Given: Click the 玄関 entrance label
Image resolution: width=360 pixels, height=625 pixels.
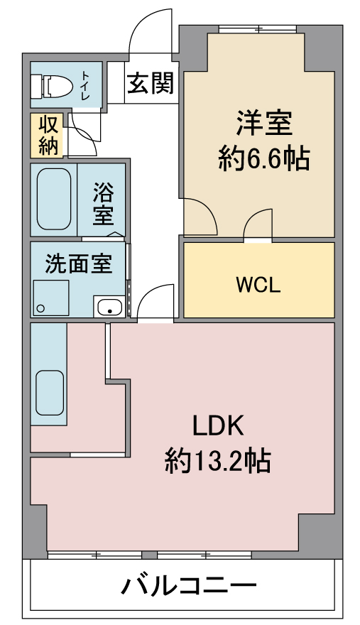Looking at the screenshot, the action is coord(151,83).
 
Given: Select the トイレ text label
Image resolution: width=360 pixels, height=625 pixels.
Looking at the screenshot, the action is coord(86,85).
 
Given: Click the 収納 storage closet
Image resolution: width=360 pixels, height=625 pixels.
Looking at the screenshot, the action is coord(47,136).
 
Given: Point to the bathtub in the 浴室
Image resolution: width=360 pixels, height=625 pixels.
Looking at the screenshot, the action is coord(54,199).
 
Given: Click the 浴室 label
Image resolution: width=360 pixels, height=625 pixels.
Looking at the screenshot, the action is coord(103,204).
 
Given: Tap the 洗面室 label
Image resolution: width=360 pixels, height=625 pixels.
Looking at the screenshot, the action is coord(79,263).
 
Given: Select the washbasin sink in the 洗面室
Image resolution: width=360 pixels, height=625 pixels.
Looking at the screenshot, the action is coord(109,307).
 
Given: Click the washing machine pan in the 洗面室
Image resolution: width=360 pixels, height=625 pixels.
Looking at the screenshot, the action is coord(51,298).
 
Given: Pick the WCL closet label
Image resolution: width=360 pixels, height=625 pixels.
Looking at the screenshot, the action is coord(258,285).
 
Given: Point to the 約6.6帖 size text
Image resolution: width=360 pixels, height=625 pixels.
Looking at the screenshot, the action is coord(264,158).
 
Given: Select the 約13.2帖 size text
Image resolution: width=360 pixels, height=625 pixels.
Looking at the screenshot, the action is coord(218,461).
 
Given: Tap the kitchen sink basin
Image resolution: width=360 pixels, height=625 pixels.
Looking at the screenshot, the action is coord(50,393).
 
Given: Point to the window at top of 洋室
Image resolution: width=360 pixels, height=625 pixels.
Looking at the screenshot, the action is coord(258,28).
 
